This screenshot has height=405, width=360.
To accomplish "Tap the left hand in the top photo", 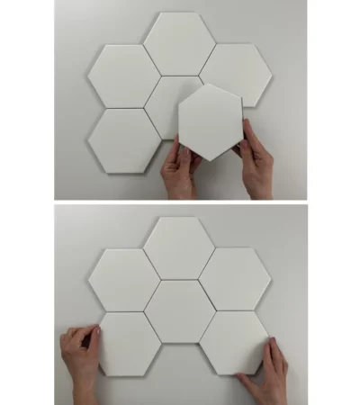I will pos(178,171).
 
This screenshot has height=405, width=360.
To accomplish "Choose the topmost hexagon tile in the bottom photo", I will pos(178,247).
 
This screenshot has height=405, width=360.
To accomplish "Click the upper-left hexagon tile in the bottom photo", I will pos(124,277).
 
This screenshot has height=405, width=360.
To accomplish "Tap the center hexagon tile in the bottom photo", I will pos(179,310).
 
